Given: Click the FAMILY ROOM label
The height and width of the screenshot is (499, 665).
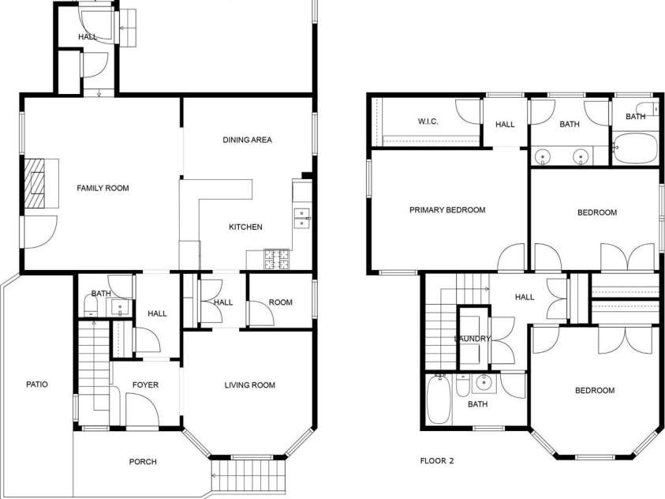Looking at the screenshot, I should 103,188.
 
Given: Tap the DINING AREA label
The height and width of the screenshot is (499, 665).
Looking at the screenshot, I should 247,140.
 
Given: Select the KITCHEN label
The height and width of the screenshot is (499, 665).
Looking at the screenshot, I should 245,227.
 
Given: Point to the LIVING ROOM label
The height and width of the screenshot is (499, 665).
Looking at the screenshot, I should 249,385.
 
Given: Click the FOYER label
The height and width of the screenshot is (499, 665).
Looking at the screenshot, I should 145,385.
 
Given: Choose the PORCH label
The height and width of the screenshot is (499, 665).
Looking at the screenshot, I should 143,462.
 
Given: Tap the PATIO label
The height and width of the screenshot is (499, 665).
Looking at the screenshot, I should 37,385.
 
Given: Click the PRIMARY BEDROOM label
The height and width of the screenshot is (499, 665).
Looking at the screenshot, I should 447,210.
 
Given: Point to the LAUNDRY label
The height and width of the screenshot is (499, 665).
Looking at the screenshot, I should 473,339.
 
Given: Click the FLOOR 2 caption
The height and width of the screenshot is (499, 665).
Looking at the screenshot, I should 438,460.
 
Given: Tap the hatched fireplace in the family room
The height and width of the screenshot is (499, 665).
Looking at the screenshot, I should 35,183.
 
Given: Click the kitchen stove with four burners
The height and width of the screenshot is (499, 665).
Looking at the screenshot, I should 277,255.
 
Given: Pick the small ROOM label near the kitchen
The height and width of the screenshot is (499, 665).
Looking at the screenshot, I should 280,302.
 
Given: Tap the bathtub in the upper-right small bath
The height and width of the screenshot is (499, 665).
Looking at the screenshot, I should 634,149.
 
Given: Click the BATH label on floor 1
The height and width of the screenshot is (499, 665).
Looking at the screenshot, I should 100,294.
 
